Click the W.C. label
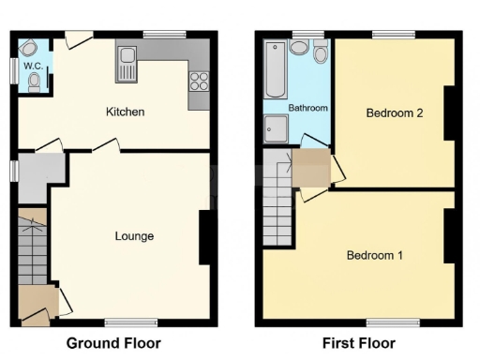[33, 66]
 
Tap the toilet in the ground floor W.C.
[36, 82]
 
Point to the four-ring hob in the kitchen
[198, 82]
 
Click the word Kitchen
[125, 112]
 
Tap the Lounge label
[134, 236]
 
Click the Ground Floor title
[113, 343]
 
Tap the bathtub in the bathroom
[275, 70]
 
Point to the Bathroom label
[307, 109]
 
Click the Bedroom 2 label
[394, 113]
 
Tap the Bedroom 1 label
[375, 255]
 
